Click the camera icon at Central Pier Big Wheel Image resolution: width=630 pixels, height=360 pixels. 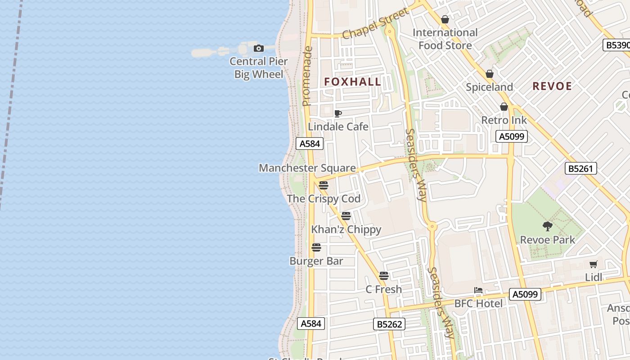click(x=258, y=48)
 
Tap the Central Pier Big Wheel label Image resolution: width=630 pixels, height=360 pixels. click(x=259, y=67)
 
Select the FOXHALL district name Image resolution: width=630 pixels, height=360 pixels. click(x=353, y=82)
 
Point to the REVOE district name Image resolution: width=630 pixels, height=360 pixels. click(x=552, y=86)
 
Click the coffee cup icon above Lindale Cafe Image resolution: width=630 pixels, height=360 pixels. click(x=338, y=113)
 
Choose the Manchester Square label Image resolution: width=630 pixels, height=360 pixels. click(x=307, y=168)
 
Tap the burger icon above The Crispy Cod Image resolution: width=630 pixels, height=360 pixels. click(x=324, y=185)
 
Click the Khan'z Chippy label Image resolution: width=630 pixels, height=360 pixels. click(x=346, y=229)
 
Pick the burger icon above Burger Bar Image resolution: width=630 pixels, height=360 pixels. click(x=316, y=247)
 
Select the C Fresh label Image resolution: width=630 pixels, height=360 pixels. click(x=383, y=289)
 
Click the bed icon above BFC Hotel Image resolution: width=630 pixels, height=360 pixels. click(x=478, y=290)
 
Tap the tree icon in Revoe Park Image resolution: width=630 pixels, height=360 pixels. click(x=548, y=226)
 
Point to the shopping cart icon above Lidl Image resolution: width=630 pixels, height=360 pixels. click(x=594, y=265)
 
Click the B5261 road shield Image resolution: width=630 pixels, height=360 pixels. click(x=581, y=168)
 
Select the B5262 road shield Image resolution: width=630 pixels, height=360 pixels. click(x=389, y=324)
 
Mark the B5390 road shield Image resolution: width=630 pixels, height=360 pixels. click(x=616, y=45)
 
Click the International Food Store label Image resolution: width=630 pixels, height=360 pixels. click(x=445, y=39)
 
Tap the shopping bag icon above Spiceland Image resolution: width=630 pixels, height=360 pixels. click(x=490, y=74)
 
